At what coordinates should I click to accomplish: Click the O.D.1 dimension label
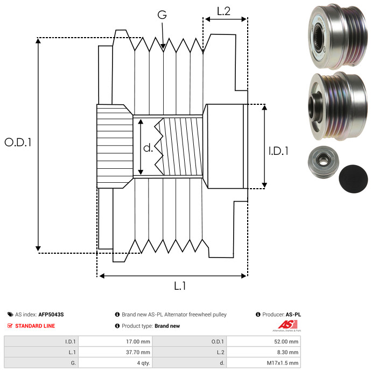(18, 142)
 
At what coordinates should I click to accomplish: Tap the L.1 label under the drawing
(180, 287)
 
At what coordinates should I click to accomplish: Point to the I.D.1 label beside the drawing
(278, 152)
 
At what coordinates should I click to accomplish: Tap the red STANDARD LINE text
(35, 326)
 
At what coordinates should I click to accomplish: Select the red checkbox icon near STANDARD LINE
(10, 326)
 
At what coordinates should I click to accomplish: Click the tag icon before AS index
(10, 314)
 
